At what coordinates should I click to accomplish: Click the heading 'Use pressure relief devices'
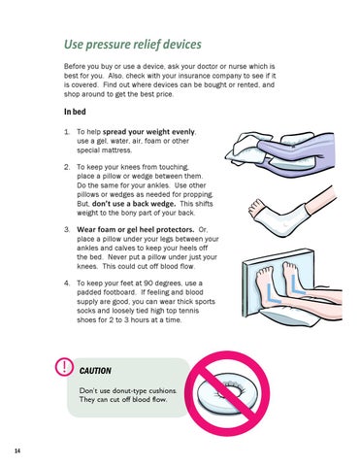pos(133,45)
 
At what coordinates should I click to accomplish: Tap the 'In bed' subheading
pos(75,112)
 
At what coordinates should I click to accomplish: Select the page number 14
pos(17,450)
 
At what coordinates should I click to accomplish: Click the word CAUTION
pos(95,371)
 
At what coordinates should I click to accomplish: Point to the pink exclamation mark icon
pos(64,367)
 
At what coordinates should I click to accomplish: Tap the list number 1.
pos(67,132)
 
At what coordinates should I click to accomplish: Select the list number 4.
pos(67,283)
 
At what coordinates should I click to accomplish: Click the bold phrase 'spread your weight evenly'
pos(148,132)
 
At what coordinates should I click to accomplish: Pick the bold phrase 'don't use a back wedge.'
pos(134,204)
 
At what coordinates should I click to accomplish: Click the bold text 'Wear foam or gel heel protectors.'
pos(136,229)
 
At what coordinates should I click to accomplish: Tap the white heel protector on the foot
pos(281,218)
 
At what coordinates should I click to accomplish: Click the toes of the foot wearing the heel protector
pos(255,206)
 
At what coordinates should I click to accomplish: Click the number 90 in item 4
pos(148,283)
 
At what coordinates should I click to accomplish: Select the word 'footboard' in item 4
pos(121,292)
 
